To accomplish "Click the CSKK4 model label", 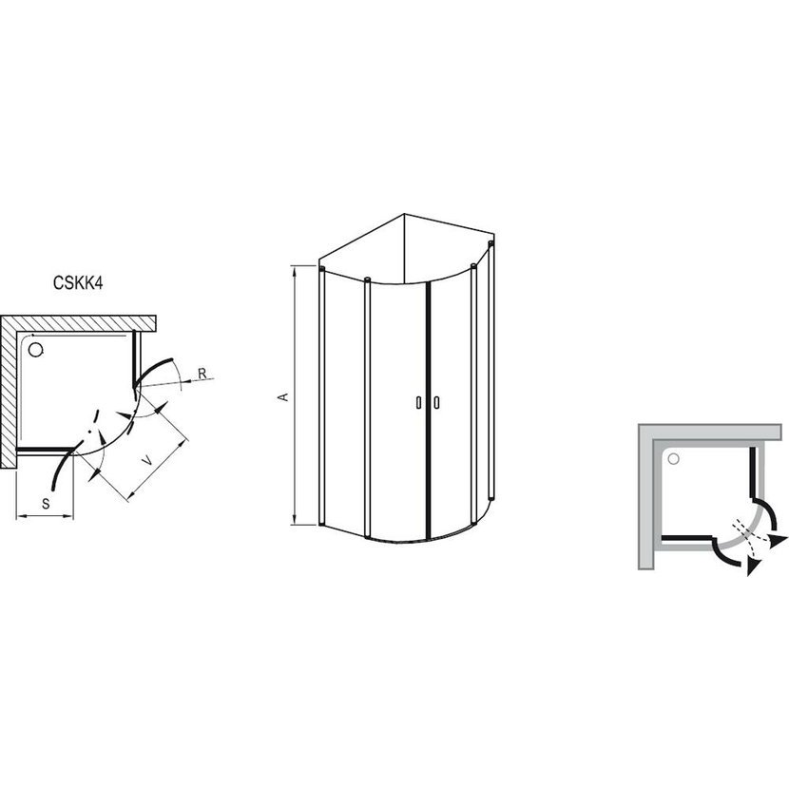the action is coord(78,282).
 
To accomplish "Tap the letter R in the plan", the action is coord(202,374).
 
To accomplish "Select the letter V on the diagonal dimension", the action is coord(147,460).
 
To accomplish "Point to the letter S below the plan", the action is coord(46,503).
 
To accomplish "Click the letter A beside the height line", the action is coord(284,396).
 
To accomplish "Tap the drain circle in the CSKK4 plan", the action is coord(36,349).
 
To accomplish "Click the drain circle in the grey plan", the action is coord(673,458).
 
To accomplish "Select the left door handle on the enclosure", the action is coord(418,402).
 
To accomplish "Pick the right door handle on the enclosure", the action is coord(436,402).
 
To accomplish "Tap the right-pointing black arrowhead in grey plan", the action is coord(779,541).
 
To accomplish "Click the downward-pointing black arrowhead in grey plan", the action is coord(753,567).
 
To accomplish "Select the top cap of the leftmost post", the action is coord(321,269).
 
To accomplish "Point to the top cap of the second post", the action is coord(367,279).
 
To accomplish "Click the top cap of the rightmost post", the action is coord(491,243).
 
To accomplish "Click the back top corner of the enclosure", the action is coord(405,214).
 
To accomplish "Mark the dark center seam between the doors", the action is coord(428,410).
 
